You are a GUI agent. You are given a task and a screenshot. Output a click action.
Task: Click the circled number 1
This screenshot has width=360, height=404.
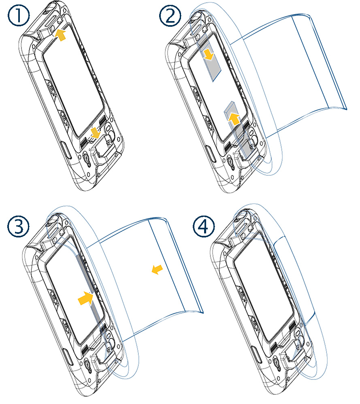point(18,17)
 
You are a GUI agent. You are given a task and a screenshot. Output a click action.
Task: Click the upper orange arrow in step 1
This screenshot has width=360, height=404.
point(60,35)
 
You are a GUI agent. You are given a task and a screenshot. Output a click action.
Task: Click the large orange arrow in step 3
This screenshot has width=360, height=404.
point(86,299)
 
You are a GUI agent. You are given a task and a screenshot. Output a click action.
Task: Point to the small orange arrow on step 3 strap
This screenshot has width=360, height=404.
point(156,269)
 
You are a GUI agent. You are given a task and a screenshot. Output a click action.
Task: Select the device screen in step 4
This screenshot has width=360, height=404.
point(263,292)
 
